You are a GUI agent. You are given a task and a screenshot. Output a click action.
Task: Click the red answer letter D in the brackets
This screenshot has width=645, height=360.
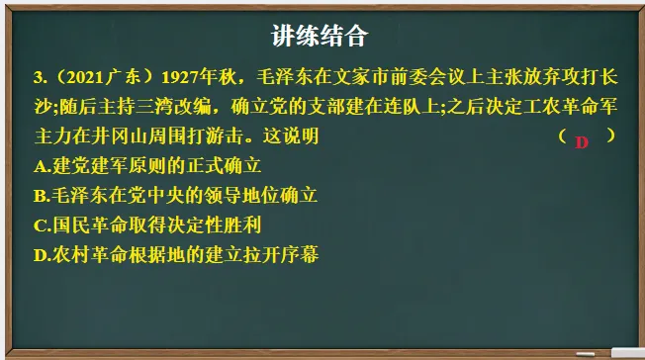[x=582, y=141]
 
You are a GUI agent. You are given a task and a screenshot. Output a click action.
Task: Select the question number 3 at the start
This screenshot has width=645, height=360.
[x=36, y=76]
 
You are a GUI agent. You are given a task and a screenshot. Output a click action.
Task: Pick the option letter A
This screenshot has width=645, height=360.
[x=39, y=165]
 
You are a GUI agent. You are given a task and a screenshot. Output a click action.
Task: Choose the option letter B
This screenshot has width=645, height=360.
[x=39, y=195]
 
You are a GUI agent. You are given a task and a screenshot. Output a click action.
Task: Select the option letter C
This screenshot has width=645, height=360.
[x=39, y=225]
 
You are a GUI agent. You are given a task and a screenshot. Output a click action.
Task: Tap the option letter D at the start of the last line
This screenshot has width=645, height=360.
[x=39, y=254]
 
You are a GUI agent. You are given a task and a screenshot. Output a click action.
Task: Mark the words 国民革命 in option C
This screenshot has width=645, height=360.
[x=87, y=225]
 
